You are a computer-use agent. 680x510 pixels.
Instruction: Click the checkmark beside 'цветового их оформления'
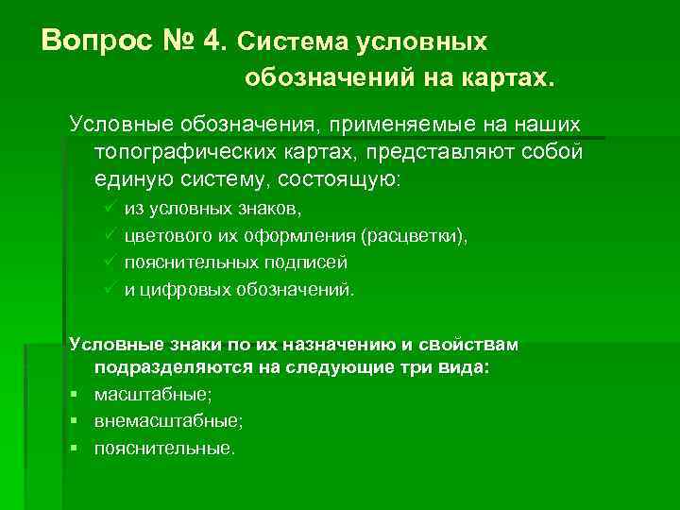pos(110,235)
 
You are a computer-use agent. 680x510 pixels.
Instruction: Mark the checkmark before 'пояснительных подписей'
pos(110,262)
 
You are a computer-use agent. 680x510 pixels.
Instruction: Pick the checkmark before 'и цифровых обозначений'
pos(110,289)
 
